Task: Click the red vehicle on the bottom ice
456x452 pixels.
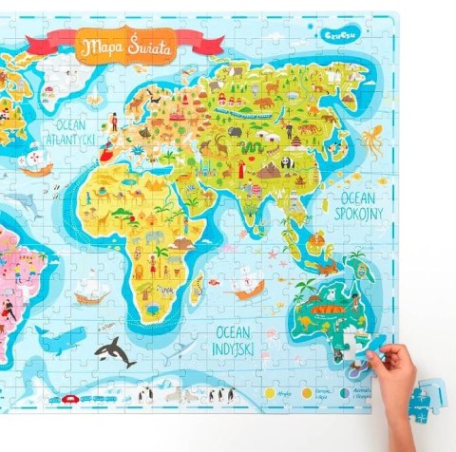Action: pos(69,399)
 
